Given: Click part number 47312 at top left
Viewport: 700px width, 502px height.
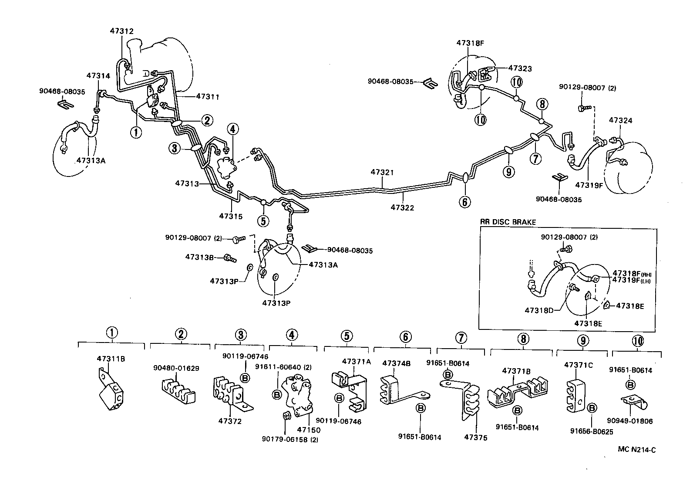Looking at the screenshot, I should (x=121, y=31).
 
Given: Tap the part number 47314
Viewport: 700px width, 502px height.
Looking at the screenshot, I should (x=98, y=75).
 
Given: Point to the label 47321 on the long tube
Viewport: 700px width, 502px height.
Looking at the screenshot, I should (x=382, y=173).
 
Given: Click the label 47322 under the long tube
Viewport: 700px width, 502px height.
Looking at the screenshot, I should (x=402, y=207).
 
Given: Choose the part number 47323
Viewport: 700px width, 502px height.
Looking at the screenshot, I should (x=520, y=68).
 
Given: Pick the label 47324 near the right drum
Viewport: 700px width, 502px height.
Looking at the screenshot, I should (x=620, y=120).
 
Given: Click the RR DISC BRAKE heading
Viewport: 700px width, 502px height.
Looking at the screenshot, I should (x=508, y=222).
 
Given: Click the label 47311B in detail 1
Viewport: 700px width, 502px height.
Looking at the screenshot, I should (x=111, y=359).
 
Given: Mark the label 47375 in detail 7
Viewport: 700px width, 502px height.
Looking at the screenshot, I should (x=476, y=438).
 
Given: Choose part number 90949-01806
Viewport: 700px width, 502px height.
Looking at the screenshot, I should (x=629, y=421).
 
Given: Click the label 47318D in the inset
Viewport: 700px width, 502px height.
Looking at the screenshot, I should (x=539, y=310).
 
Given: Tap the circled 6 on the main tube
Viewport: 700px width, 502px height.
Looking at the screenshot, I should (x=464, y=202).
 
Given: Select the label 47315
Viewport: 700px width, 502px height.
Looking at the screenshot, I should (x=231, y=216).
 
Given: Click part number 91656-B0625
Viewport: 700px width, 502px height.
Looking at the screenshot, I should (x=592, y=431).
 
